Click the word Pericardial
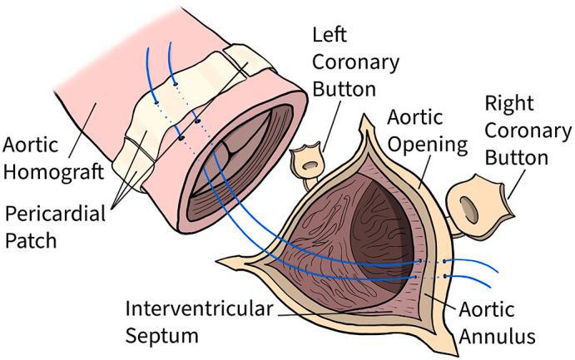[55, 214]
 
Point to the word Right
[510, 104]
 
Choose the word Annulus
[498, 337]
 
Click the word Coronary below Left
[355, 62]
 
